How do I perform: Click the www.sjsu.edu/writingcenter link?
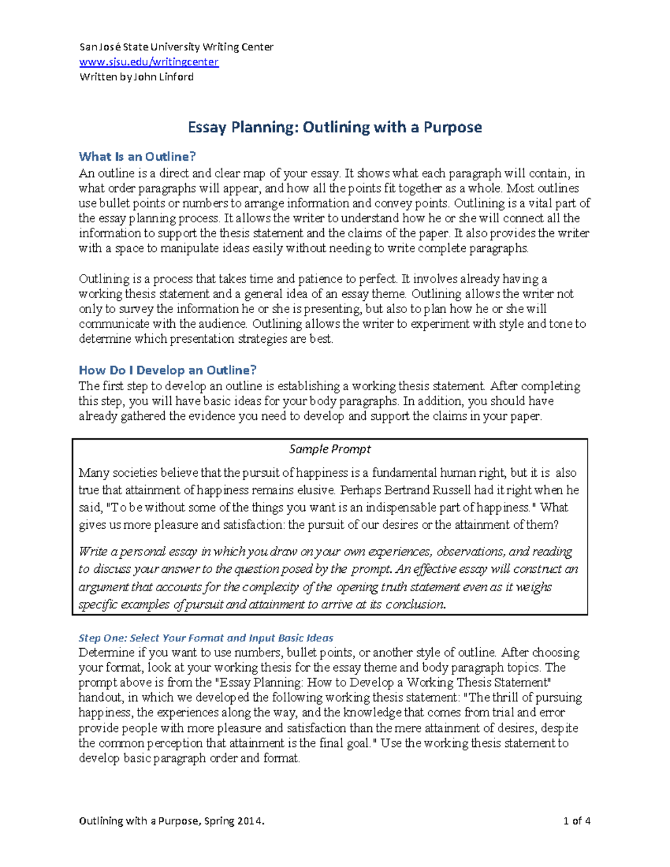tap(149, 62)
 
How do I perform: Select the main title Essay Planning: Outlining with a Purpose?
tap(334, 127)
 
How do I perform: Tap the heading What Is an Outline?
tap(137, 156)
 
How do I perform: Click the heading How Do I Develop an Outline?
tap(167, 370)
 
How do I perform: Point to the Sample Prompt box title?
tap(329, 449)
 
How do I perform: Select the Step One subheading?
tap(205, 638)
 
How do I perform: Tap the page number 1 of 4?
tap(577, 821)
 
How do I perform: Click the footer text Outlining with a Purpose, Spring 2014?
tap(171, 821)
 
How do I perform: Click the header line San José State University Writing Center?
tap(176, 47)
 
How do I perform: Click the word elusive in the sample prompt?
tap(317, 490)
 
